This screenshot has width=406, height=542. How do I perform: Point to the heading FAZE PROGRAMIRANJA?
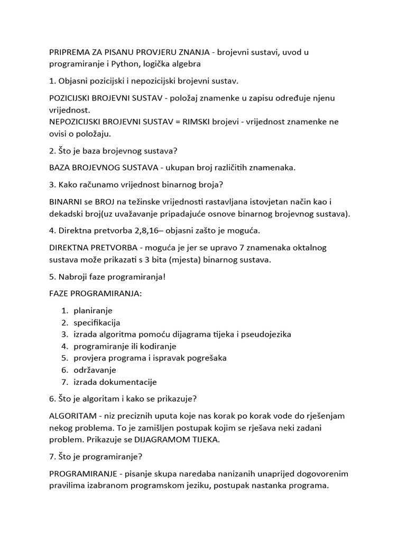click(x=95, y=293)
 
